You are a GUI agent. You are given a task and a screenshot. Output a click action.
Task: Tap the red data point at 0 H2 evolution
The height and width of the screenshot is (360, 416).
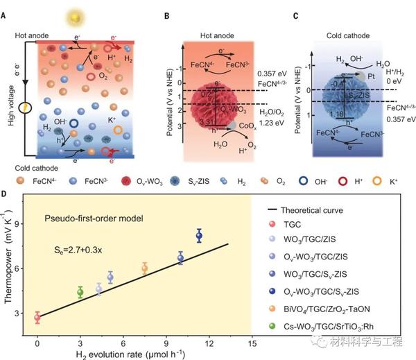pyautogui.click(x=37, y=317)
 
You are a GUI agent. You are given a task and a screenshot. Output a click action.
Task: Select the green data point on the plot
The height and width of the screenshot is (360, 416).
pyautogui.click(x=80, y=292)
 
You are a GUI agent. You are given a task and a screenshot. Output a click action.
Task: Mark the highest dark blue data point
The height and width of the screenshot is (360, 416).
pyautogui.click(x=199, y=236)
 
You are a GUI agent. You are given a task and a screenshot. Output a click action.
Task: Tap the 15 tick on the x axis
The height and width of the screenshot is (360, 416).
pyautogui.click(x=252, y=342)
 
